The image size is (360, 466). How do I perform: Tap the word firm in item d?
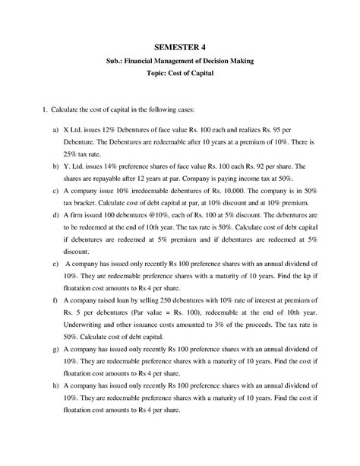pyautogui.click(x=87, y=216)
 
